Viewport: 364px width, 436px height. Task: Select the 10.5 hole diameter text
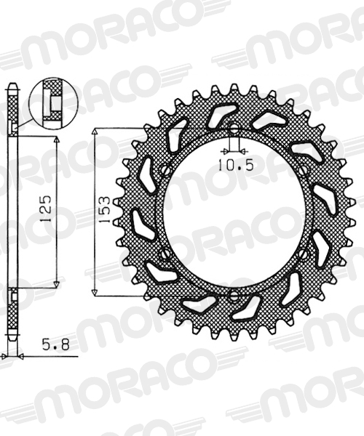(236, 165)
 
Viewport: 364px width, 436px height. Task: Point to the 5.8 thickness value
(55, 345)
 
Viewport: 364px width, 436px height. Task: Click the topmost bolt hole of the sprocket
(234, 128)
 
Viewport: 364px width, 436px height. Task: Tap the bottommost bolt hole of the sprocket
(234, 296)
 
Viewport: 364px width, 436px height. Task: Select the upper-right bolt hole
(304, 170)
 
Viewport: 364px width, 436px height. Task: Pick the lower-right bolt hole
(303, 254)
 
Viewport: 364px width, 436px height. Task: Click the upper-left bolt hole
(165, 169)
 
